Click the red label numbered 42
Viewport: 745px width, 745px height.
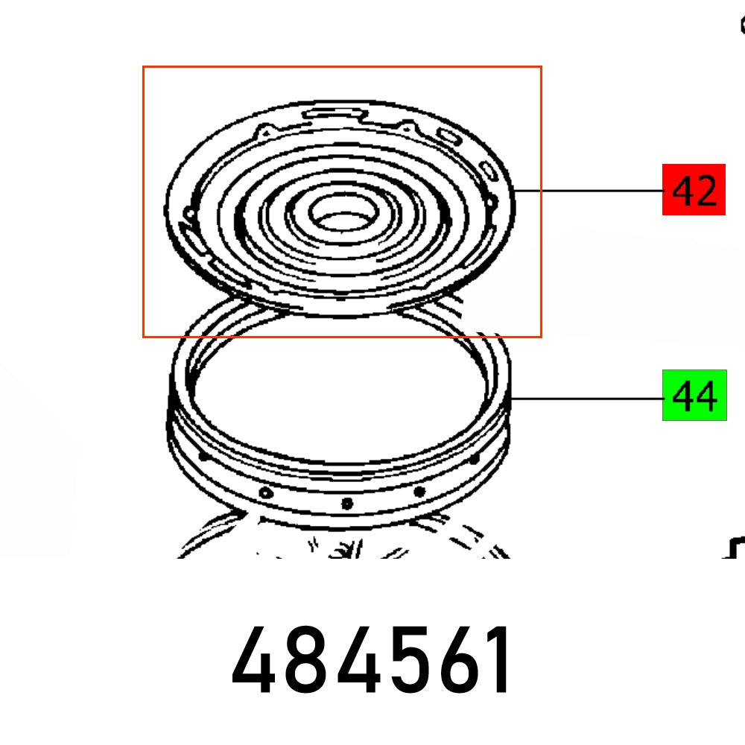(694, 190)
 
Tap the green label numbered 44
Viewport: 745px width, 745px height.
(694, 396)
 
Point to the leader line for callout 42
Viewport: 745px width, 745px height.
(589, 191)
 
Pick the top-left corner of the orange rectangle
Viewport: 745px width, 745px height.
(144, 67)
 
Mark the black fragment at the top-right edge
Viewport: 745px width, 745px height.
(742, 26)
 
